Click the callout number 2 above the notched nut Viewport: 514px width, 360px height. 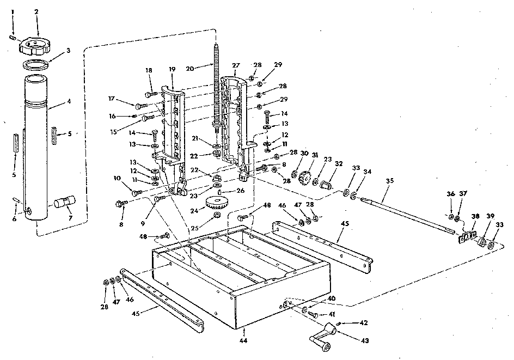click(36, 12)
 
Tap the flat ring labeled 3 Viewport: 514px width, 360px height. click(36, 64)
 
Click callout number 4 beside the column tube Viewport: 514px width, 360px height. click(69, 101)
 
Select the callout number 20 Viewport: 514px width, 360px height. click(190, 69)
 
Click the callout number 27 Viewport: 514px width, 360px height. click(236, 65)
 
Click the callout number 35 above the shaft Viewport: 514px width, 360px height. click(390, 181)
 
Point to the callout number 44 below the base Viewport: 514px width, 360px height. click(243, 340)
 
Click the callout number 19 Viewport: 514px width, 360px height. click(173, 69)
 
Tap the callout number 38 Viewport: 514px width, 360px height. click(475, 216)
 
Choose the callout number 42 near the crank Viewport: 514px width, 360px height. click(364, 322)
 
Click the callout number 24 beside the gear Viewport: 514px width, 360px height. click(194, 210)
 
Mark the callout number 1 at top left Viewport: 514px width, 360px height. click(13, 12)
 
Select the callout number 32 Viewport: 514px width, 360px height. click(339, 163)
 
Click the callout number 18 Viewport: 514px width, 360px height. click(149, 70)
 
